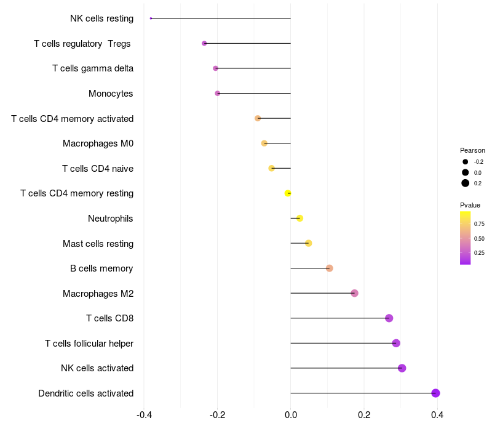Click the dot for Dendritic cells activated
pyautogui.click(x=435, y=393)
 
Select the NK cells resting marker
pyautogui.click(x=151, y=18)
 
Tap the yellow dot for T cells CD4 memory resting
pyautogui.click(x=288, y=193)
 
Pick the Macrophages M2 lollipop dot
pyautogui.click(x=354, y=293)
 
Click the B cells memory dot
pyautogui.click(x=329, y=268)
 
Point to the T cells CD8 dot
pyautogui.click(x=389, y=318)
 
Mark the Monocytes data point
pyautogui.click(x=217, y=94)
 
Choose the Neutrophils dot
pyautogui.click(x=300, y=218)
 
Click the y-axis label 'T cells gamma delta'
pyautogui.click(x=93, y=68)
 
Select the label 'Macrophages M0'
pyautogui.click(x=98, y=143)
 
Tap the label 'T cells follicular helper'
pyautogui.click(x=89, y=343)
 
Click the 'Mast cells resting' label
pyautogui.click(x=98, y=244)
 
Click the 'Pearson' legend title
pyautogui.click(x=472, y=150)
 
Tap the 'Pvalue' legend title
pyautogui.click(x=470, y=205)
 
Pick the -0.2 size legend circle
pyautogui.click(x=466, y=162)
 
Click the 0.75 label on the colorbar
pyautogui.click(x=479, y=224)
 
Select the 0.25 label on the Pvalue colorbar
pyautogui.click(x=479, y=252)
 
